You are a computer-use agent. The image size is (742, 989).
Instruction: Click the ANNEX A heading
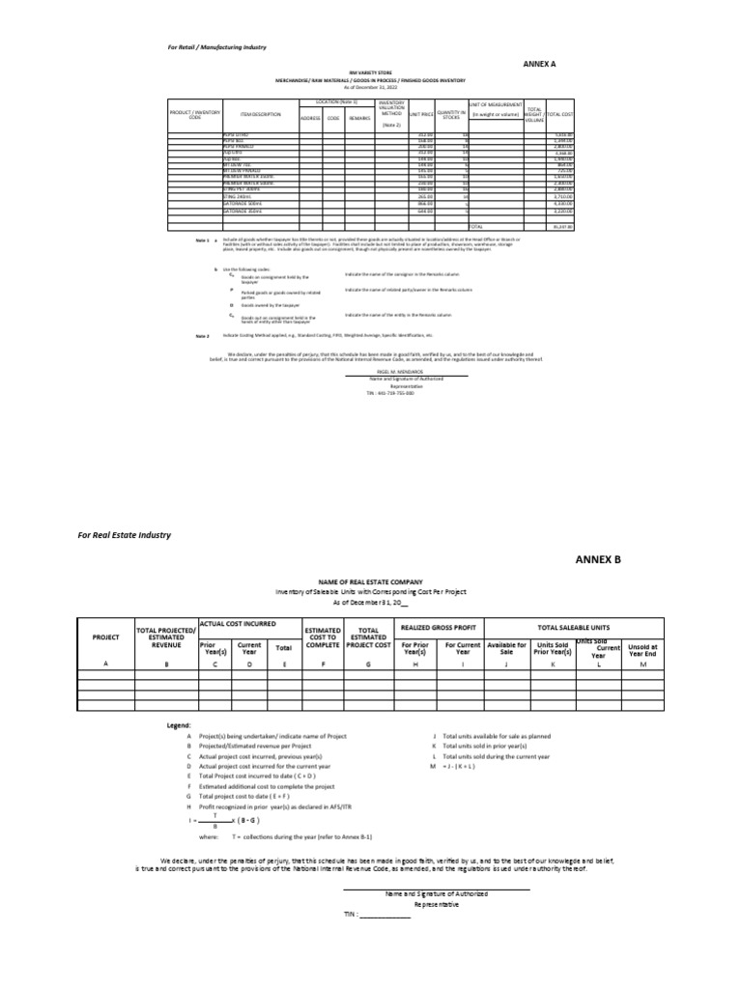pyautogui.click(x=540, y=64)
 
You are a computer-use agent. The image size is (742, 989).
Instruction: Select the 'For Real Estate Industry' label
pyautogui.click(x=125, y=534)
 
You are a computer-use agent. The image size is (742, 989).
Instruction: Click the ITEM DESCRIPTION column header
pyautogui.click(x=261, y=115)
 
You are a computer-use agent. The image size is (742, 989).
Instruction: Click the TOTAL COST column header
pyautogui.click(x=560, y=115)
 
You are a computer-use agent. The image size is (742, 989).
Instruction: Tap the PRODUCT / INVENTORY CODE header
pyautogui.click(x=193, y=115)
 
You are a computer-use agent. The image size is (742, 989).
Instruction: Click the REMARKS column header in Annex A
pyautogui.click(x=359, y=118)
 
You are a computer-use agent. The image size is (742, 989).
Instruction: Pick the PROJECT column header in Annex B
pyautogui.click(x=105, y=638)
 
